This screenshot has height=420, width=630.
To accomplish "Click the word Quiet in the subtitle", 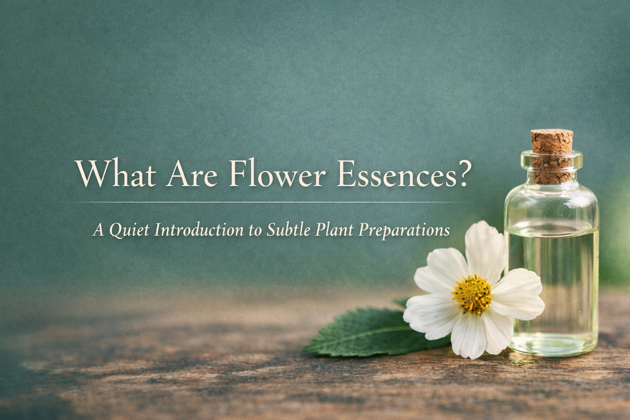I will click(132, 230).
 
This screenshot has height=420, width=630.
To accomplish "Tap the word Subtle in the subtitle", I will click(289, 230).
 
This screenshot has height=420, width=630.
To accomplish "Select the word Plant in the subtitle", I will click(334, 230).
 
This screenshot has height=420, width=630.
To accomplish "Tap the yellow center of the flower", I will click(472, 295).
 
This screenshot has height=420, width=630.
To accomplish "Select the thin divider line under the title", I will click(269, 202).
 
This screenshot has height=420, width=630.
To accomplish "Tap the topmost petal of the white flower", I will click(485, 244).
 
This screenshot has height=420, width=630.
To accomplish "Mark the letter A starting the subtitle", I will click(98, 230).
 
